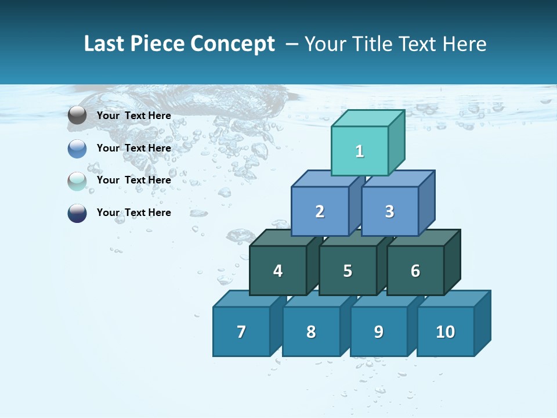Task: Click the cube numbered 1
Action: (x=360, y=151)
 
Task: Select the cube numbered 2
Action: (x=320, y=211)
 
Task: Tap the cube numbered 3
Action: (x=389, y=211)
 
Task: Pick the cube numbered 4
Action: (x=278, y=271)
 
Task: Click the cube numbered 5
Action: (x=348, y=271)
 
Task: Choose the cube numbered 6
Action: (x=415, y=271)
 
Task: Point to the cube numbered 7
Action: (x=241, y=331)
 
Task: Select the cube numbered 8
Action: (x=311, y=331)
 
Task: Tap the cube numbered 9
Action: (x=379, y=331)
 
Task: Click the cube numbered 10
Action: (x=445, y=331)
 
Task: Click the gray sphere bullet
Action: (x=77, y=116)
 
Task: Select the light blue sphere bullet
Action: (x=77, y=149)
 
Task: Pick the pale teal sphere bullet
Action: (x=77, y=181)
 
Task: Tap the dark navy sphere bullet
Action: (x=77, y=213)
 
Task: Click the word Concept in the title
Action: (x=233, y=44)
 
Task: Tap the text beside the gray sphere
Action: (x=134, y=116)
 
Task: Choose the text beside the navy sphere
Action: (x=134, y=212)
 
